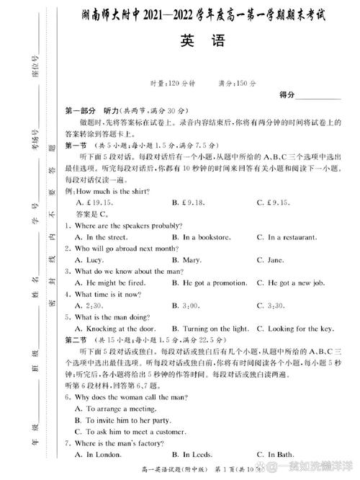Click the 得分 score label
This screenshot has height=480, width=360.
click(x=287, y=95)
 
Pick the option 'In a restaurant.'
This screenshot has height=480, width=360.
click(x=294, y=236)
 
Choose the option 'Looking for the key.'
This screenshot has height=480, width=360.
click(x=300, y=329)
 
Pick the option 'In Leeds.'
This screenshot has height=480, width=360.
click(x=197, y=454)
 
